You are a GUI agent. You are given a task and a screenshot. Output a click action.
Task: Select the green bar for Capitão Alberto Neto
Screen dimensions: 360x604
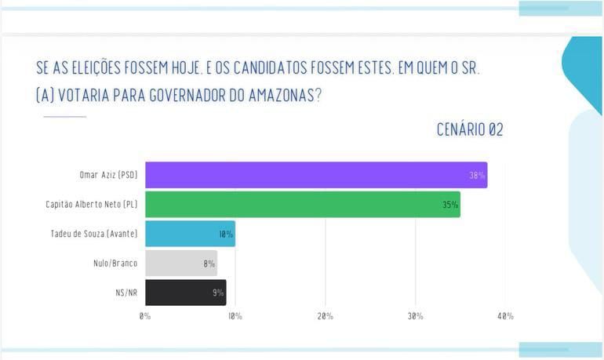[302, 205]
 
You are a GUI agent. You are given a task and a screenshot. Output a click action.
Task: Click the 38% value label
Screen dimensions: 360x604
[477, 176]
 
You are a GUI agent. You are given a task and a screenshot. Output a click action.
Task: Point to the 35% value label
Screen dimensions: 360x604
[450, 205]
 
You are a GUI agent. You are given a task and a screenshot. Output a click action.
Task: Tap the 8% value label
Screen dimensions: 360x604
[209, 264]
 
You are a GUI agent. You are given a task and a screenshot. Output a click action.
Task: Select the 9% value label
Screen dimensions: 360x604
[218, 293]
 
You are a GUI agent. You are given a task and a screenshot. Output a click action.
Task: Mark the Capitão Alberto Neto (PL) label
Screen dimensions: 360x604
[92, 205]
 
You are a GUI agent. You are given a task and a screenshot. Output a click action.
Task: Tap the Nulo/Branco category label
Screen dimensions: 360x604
[115, 264]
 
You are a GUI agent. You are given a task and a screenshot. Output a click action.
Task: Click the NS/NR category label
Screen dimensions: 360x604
[126, 293]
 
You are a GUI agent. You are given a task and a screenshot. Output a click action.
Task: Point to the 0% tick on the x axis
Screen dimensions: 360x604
[145, 316]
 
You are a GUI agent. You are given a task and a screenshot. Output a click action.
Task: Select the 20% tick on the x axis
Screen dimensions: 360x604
[326, 316]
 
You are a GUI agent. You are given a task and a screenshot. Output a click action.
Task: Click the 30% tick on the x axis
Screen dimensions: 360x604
[415, 316]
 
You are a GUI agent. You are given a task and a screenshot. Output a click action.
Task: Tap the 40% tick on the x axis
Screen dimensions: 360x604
[505, 316]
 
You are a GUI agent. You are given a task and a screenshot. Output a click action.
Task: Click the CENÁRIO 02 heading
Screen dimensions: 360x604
[470, 130]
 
